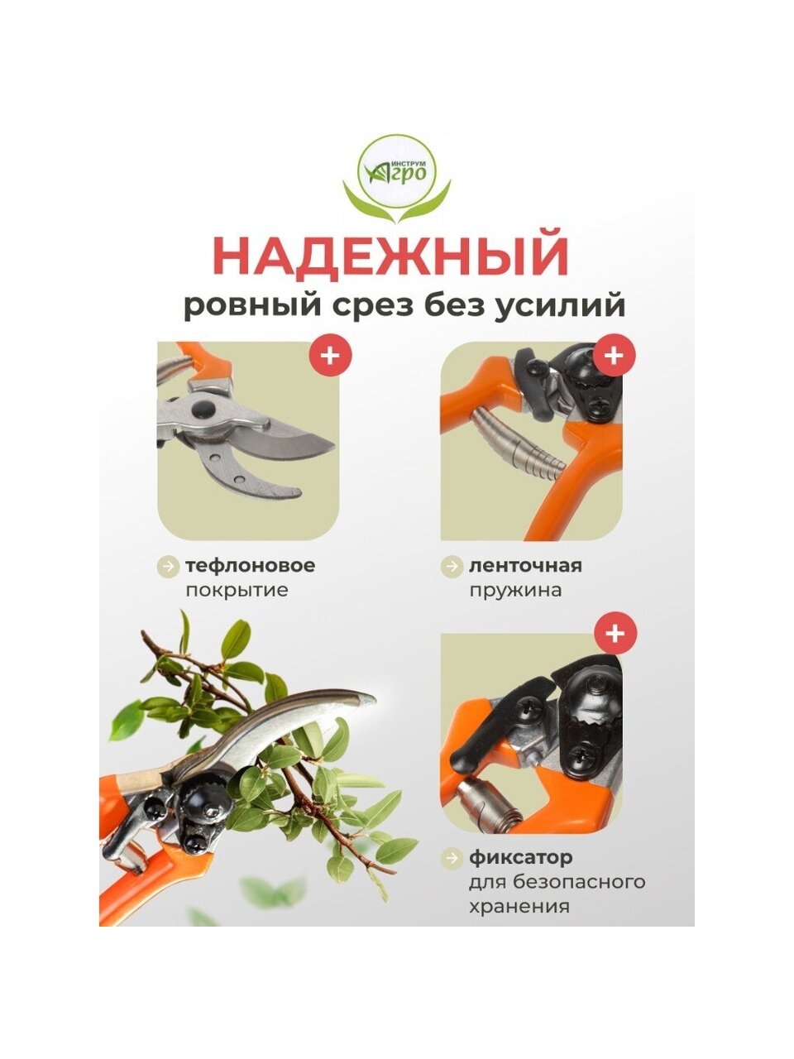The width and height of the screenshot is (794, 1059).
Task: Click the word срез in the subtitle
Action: pos(374,306)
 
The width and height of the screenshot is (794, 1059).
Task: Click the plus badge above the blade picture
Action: pos(330,355)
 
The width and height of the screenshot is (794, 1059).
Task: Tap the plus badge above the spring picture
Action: pos(614,355)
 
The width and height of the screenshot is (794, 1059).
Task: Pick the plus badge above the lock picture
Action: pos(615,633)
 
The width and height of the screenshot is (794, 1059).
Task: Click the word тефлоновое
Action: pos(251,565)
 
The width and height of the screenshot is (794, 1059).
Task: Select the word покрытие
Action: pos(237,590)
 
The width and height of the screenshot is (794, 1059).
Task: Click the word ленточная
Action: pos(525,565)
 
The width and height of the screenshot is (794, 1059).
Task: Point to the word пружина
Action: pos(515,591)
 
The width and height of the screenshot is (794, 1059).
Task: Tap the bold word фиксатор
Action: pos(521,845)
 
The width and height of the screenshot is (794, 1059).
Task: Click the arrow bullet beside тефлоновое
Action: pos(168,566)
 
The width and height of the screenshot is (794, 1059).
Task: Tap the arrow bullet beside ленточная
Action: pos(452,566)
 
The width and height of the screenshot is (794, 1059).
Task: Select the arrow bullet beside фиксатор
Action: pos(452,845)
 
